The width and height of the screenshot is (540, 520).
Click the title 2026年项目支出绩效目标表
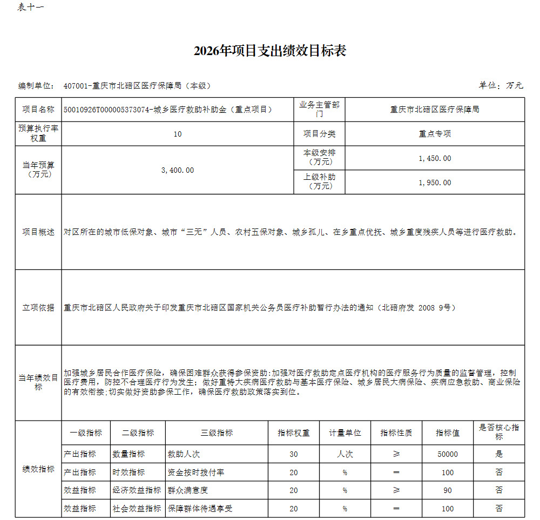pyautogui.click(x=269, y=51)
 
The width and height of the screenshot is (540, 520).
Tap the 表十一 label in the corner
pyautogui.click(x=31, y=8)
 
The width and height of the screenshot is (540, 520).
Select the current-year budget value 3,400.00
pyautogui.click(x=178, y=170)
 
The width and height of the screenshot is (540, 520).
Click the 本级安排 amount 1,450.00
pyautogui.click(x=435, y=158)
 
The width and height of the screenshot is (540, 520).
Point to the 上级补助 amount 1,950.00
pyautogui.click(x=435, y=183)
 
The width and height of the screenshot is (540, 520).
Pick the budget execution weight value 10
pyautogui.click(x=178, y=134)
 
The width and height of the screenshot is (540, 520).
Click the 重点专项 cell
pyautogui.click(x=435, y=134)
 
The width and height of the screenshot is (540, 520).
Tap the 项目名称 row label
pyautogui.click(x=38, y=109)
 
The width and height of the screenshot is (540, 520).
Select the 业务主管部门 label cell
pyautogui.click(x=320, y=110)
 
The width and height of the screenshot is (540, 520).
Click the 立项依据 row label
pyautogui.click(x=38, y=307)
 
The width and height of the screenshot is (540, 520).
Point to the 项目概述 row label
pyautogui.click(x=38, y=232)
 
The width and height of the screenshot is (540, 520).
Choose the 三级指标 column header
pyautogui.click(x=217, y=433)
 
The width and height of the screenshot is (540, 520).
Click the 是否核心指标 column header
pyautogui.click(x=498, y=432)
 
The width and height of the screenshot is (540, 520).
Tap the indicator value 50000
pyautogui.click(x=448, y=454)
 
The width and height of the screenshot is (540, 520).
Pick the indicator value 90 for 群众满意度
pyautogui.click(x=448, y=490)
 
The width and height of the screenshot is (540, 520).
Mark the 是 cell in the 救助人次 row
pyautogui.click(x=498, y=454)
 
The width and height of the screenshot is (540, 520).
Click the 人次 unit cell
pyautogui.click(x=345, y=454)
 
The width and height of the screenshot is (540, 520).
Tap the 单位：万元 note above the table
pyautogui.click(x=501, y=85)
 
